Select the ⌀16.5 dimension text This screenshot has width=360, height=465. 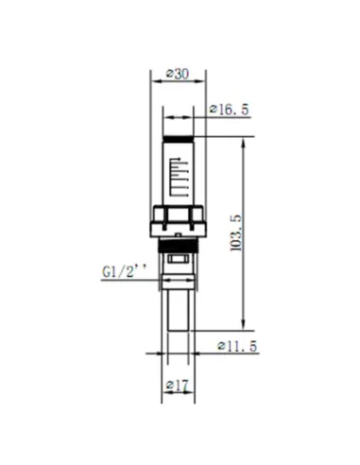pos(228,110)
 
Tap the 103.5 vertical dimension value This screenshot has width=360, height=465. pos(237,232)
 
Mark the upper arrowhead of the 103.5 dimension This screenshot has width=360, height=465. pos(247,139)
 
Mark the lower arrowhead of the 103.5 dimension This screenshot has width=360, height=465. pos(247,325)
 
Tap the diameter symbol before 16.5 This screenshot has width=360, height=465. pos(212,110)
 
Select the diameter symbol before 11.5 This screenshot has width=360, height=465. pos(219,345)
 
